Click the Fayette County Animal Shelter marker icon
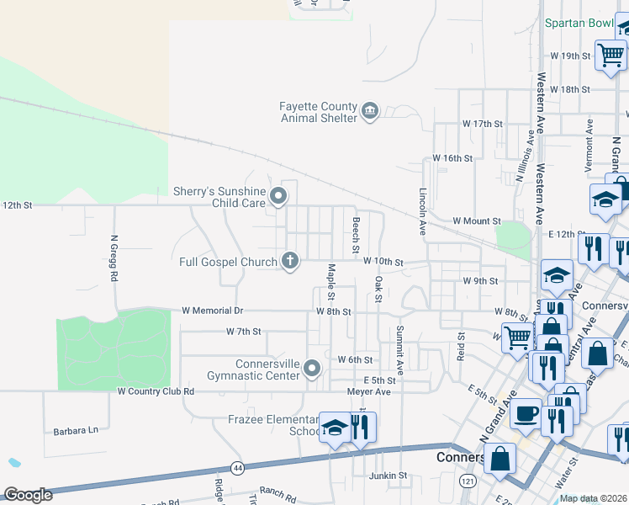pyautogui.click(x=370, y=111)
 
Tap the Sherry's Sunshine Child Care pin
pyautogui.click(x=278, y=197)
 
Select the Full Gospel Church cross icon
pyautogui.click(x=289, y=261)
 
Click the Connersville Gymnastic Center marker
pyautogui.click(x=313, y=369)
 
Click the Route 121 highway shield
pyautogui.click(x=468, y=480)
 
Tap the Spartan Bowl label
pyautogui.click(x=579, y=23)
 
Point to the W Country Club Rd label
pyautogui.click(x=156, y=391)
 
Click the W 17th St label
pyautogui.click(x=482, y=123)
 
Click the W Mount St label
pyautogui.click(x=477, y=221)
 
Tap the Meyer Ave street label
pyautogui.click(x=371, y=391)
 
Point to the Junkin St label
pyautogui.click(x=388, y=476)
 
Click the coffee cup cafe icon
pyautogui.click(x=526, y=414)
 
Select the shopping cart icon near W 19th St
pyautogui.click(x=610, y=55)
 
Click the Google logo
pyautogui.click(x=28, y=495)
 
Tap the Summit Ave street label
pyautogui.click(x=400, y=350)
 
